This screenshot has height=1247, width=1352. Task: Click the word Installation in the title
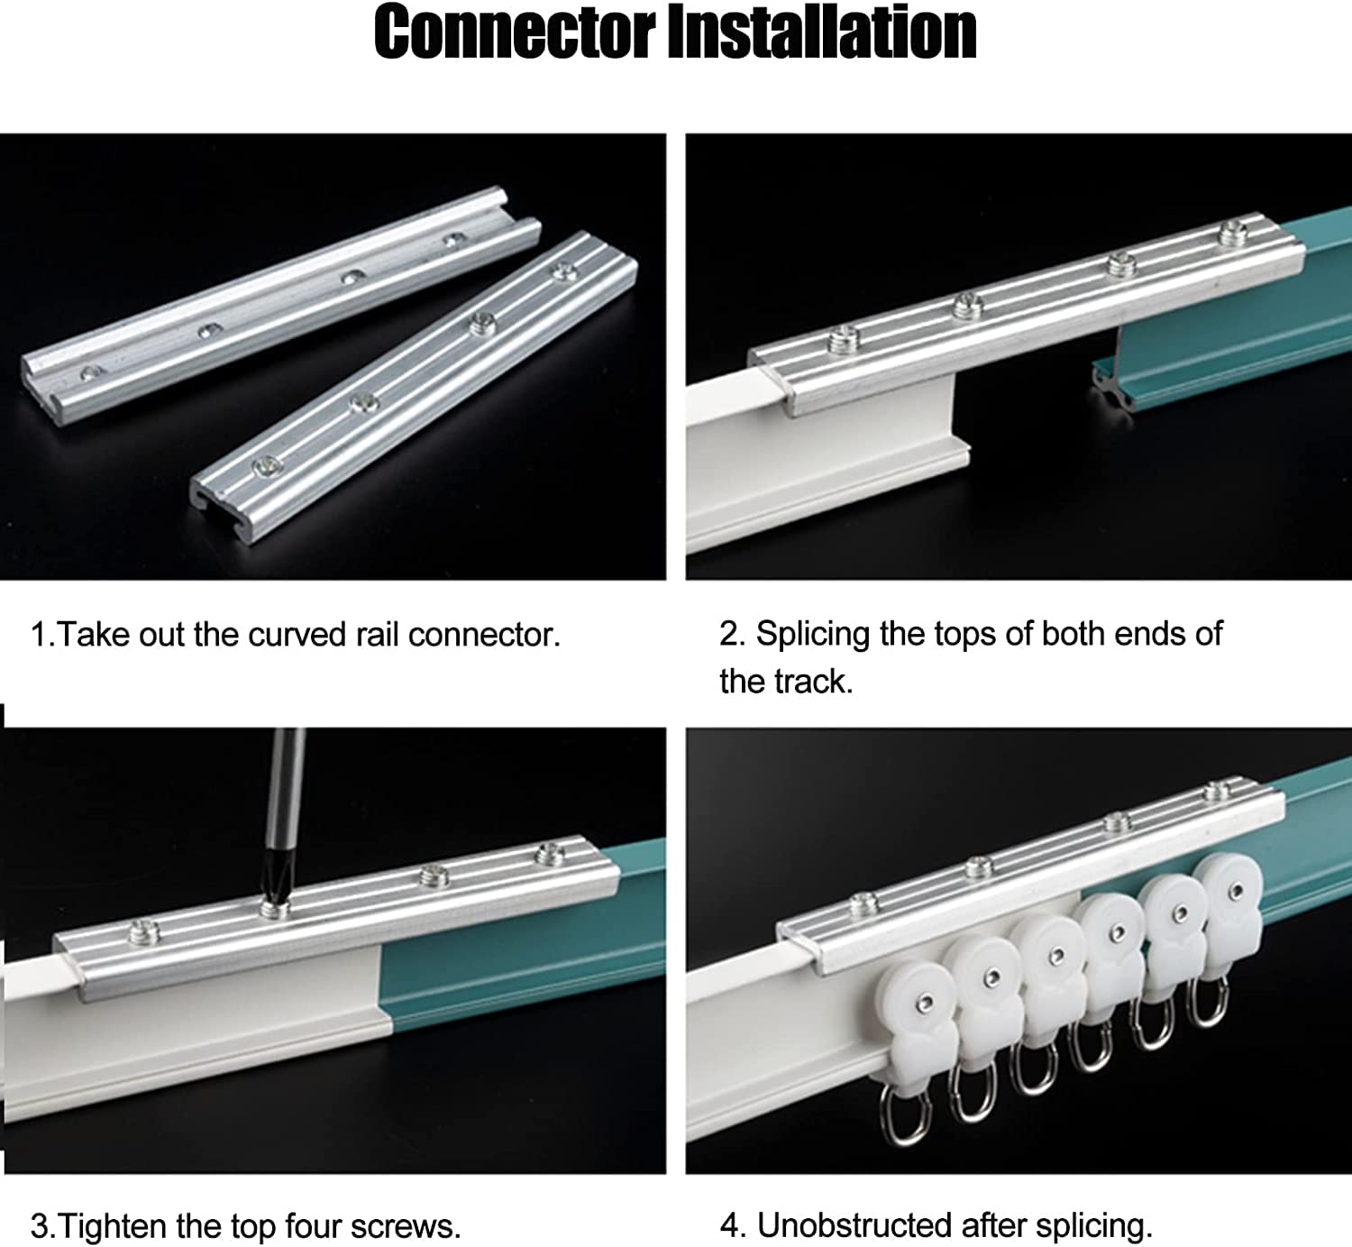coord(822,32)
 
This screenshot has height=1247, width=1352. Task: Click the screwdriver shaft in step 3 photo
coord(287,790)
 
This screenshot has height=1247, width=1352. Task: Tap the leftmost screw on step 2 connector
coord(844,338)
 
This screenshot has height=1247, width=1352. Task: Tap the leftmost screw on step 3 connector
coord(143,930)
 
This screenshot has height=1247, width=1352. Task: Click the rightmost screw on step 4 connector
coord(1218,792)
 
